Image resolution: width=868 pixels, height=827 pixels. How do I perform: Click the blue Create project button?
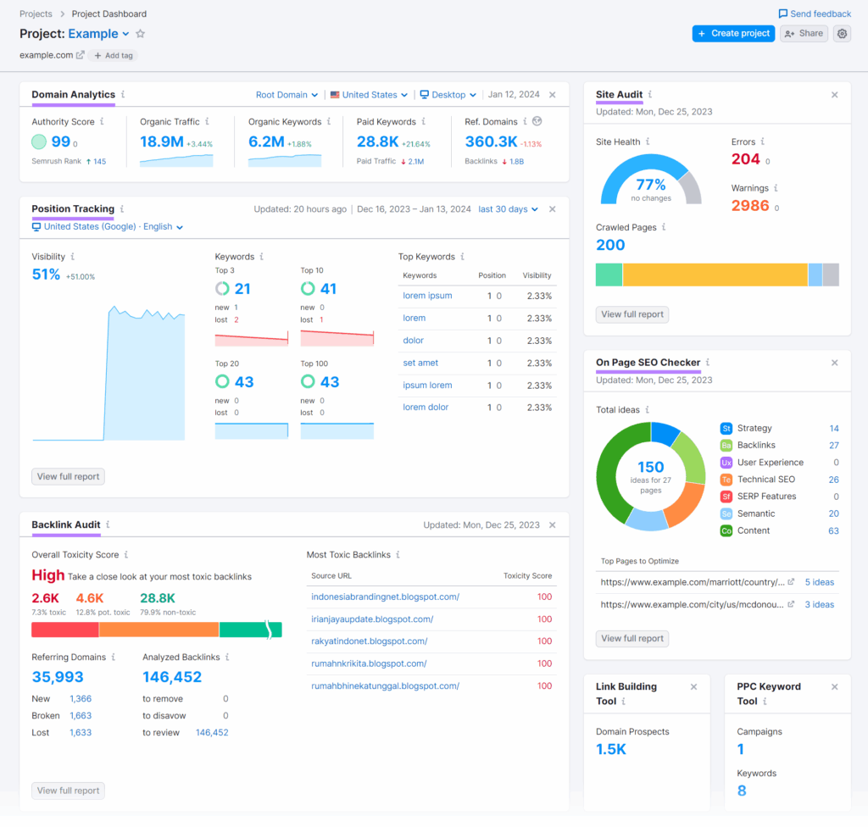(x=733, y=33)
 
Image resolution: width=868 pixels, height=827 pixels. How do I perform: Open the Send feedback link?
(x=815, y=14)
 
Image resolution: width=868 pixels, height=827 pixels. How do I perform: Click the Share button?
(x=804, y=33)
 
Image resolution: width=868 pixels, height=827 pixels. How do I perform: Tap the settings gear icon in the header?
(x=842, y=33)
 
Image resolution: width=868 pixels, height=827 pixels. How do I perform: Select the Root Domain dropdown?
(x=287, y=95)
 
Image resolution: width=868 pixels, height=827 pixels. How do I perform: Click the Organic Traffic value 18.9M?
(x=161, y=142)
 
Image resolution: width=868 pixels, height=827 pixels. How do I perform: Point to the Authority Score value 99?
(x=60, y=142)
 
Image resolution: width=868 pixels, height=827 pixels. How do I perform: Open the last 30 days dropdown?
(x=508, y=209)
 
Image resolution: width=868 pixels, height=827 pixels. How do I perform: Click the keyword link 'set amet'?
(x=420, y=363)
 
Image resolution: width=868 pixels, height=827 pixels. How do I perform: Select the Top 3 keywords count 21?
(x=242, y=289)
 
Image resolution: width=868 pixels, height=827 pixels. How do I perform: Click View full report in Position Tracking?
(x=68, y=476)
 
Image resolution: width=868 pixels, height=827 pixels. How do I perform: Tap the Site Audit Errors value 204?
(x=745, y=158)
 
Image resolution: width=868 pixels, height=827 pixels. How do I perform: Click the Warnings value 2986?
(x=750, y=205)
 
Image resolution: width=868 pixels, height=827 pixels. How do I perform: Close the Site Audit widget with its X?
(x=834, y=95)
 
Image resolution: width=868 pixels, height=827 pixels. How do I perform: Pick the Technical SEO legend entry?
(x=765, y=480)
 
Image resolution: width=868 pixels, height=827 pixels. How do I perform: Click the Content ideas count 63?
(x=833, y=530)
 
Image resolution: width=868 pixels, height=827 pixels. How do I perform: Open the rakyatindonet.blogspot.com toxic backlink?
(x=369, y=641)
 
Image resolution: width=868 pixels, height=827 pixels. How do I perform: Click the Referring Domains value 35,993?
(x=58, y=677)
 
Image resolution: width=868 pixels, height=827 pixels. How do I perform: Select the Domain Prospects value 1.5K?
(x=610, y=749)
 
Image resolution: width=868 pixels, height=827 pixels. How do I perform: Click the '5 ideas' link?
(x=819, y=582)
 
